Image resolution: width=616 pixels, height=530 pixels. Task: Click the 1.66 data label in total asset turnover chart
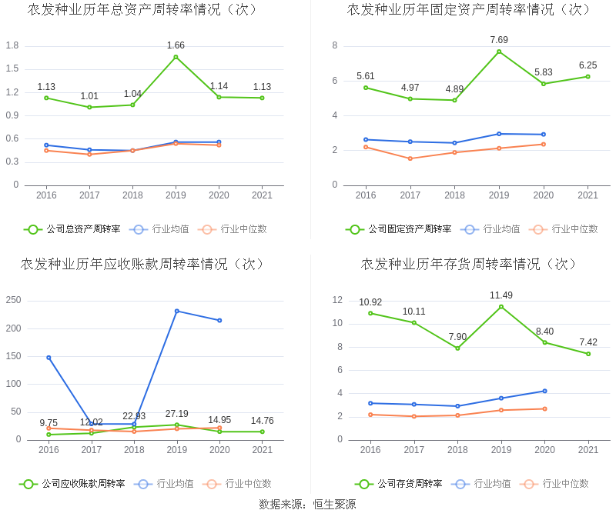point(176,45)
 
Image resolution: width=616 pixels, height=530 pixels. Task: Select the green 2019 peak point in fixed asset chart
point(499,52)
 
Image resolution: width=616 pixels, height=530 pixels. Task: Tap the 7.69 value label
point(499,40)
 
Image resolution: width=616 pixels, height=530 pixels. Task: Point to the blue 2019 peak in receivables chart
point(177,311)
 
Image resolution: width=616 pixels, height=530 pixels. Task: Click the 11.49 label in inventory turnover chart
point(501,295)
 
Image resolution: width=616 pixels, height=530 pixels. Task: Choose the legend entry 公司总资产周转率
point(72,229)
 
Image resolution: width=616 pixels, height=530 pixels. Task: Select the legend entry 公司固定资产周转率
point(399,229)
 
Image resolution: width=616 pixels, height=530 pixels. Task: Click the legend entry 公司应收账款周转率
point(72,484)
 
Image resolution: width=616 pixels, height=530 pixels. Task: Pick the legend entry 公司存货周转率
point(399,484)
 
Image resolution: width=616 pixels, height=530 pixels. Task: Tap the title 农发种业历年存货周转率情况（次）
point(470,264)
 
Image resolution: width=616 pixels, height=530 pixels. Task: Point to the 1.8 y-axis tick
point(12,45)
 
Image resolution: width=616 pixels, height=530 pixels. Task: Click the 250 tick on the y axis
point(13,301)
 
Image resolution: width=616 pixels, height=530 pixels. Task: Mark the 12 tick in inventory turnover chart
point(337,300)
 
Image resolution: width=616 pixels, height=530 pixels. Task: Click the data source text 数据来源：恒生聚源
point(307,505)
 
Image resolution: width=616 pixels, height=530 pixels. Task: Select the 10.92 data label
point(370,302)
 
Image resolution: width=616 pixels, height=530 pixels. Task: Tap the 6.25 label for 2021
point(588,65)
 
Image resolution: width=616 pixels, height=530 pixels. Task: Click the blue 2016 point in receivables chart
point(49,358)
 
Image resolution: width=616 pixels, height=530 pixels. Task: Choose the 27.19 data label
point(176,414)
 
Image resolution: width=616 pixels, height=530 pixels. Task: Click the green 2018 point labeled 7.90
point(457,348)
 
